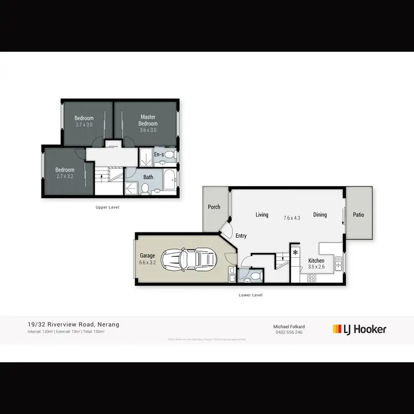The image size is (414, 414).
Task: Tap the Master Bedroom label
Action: click(148, 120)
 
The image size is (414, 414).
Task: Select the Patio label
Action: click(359, 215)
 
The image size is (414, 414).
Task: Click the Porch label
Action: click(214, 207)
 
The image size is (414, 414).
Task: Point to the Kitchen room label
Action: click(316, 261)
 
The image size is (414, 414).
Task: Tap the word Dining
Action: click(320, 215)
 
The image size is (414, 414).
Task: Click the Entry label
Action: click(241, 236)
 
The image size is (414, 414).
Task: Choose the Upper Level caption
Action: click(108, 207)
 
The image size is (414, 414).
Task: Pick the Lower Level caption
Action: click(250, 295)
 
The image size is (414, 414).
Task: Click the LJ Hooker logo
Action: click(359, 329)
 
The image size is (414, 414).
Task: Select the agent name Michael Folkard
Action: click(289, 326)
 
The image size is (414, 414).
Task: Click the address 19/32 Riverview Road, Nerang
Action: click(73, 325)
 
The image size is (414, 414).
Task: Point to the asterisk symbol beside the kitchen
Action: click(295, 253)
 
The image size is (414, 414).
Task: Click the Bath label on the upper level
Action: click(148, 177)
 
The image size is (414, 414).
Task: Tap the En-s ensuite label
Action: click(159, 155)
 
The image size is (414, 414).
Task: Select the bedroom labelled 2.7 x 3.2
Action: click(65, 173)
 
